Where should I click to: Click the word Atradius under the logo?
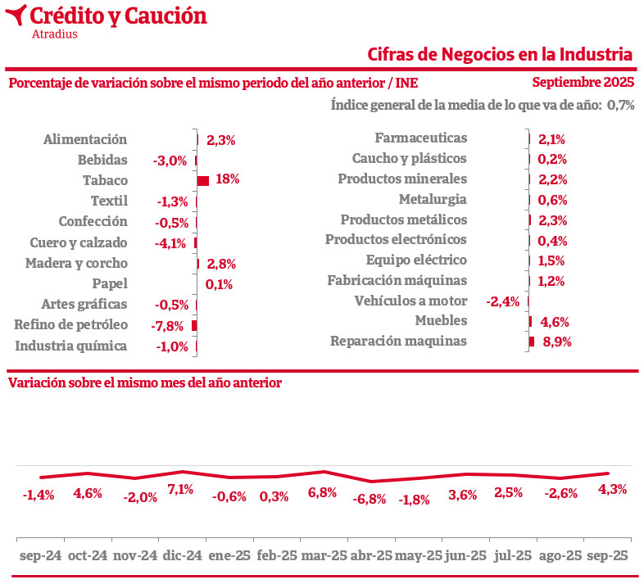point(54,34)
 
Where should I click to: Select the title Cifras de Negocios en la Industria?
point(500,54)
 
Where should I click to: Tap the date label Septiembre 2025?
point(583,82)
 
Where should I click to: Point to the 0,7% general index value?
point(621,105)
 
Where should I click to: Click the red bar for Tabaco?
point(203,180)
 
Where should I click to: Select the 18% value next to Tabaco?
point(227,179)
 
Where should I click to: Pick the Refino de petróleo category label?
point(71,324)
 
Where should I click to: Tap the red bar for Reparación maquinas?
point(532,342)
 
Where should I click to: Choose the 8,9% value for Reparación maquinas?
point(557,342)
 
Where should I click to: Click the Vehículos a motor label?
point(410,301)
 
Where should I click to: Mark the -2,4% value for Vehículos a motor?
point(502,301)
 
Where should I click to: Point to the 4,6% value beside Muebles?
point(555,322)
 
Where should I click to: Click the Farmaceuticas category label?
point(420,138)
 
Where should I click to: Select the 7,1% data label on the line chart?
point(180,490)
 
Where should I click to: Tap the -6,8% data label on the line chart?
point(369,499)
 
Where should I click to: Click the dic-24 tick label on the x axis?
point(182,555)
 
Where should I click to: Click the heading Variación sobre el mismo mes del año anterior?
point(145,383)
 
